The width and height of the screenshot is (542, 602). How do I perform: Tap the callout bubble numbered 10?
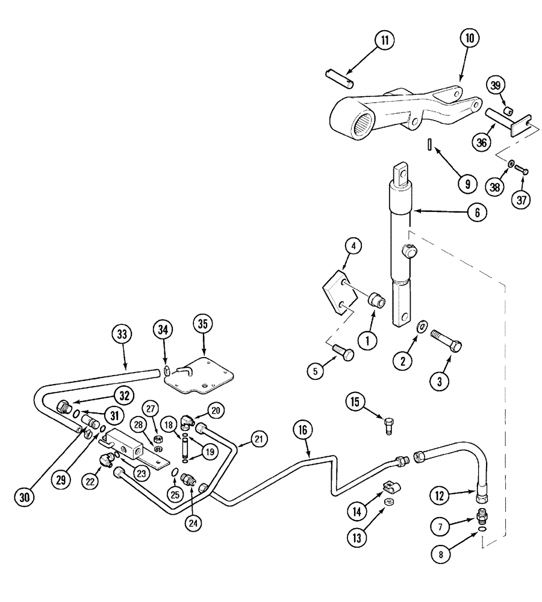(x=469, y=38)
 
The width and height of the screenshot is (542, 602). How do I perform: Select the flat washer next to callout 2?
(x=423, y=326)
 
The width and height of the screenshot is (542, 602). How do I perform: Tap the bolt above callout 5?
(x=343, y=352)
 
